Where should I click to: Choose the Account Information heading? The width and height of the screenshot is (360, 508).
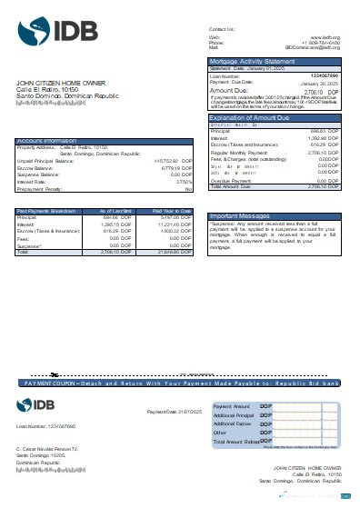[x=45, y=141]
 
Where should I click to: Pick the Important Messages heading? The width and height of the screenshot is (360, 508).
[x=237, y=215]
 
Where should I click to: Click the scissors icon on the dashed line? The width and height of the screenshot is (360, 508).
[x=55, y=374]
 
